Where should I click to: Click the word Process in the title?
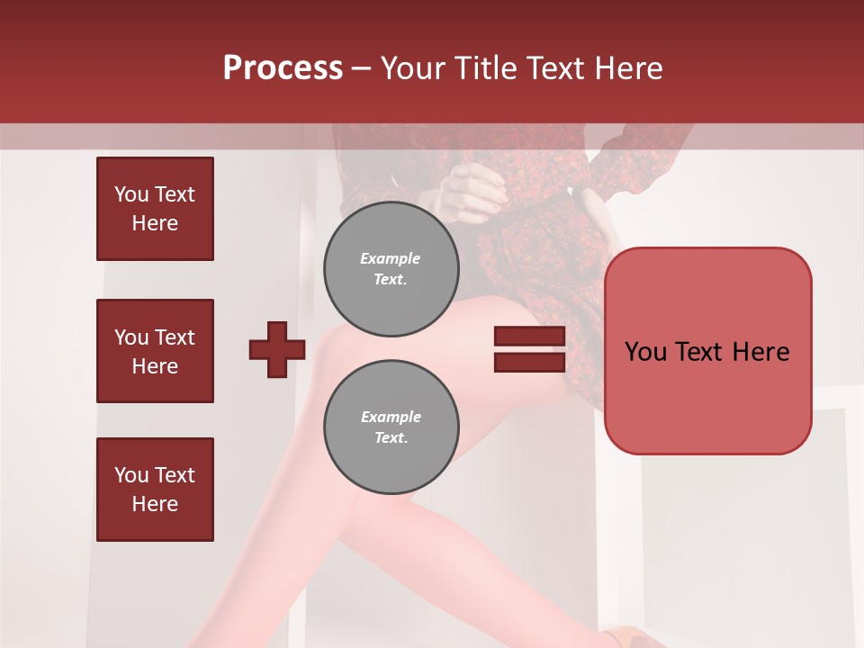(283, 67)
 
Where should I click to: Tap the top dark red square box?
(155, 209)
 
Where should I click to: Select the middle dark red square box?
(155, 351)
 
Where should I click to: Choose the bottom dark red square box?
(155, 490)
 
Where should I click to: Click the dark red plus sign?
(277, 349)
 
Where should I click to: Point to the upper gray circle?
(391, 268)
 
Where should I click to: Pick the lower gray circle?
(391, 427)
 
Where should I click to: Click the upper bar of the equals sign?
(529, 336)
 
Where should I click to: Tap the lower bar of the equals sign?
(529, 362)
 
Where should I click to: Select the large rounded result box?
(707, 350)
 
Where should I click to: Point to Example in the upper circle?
(391, 258)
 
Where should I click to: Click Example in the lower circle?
(391, 417)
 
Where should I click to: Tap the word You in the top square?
(130, 194)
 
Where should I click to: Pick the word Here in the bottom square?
(155, 504)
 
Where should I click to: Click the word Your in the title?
(410, 68)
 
